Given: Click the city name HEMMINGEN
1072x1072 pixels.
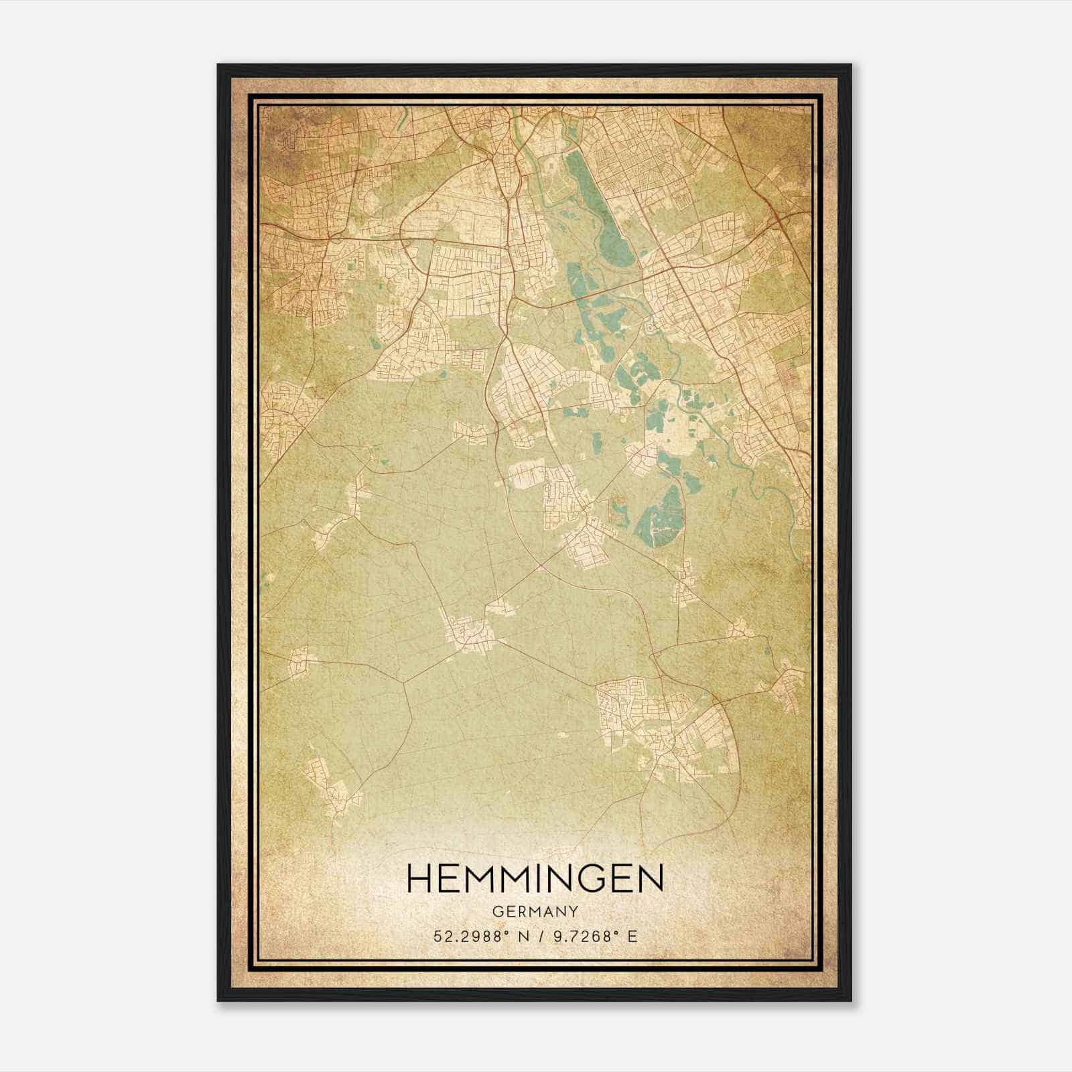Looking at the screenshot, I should pyautogui.click(x=535, y=878).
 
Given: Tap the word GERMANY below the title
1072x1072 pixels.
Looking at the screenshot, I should pyautogui.click(x=535, y=911).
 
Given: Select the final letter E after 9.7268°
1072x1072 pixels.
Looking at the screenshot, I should pyautogui.click(x=632, y=936).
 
